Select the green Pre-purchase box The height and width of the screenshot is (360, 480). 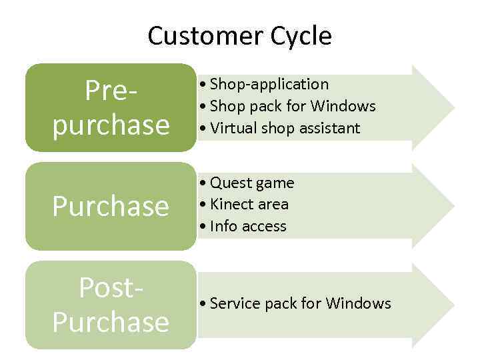[111, 108]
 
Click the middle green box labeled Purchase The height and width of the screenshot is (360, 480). [111, 207]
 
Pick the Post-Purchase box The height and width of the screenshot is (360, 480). [111, 305]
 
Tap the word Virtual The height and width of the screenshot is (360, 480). [229, 127]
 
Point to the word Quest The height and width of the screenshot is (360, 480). [227, 183]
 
